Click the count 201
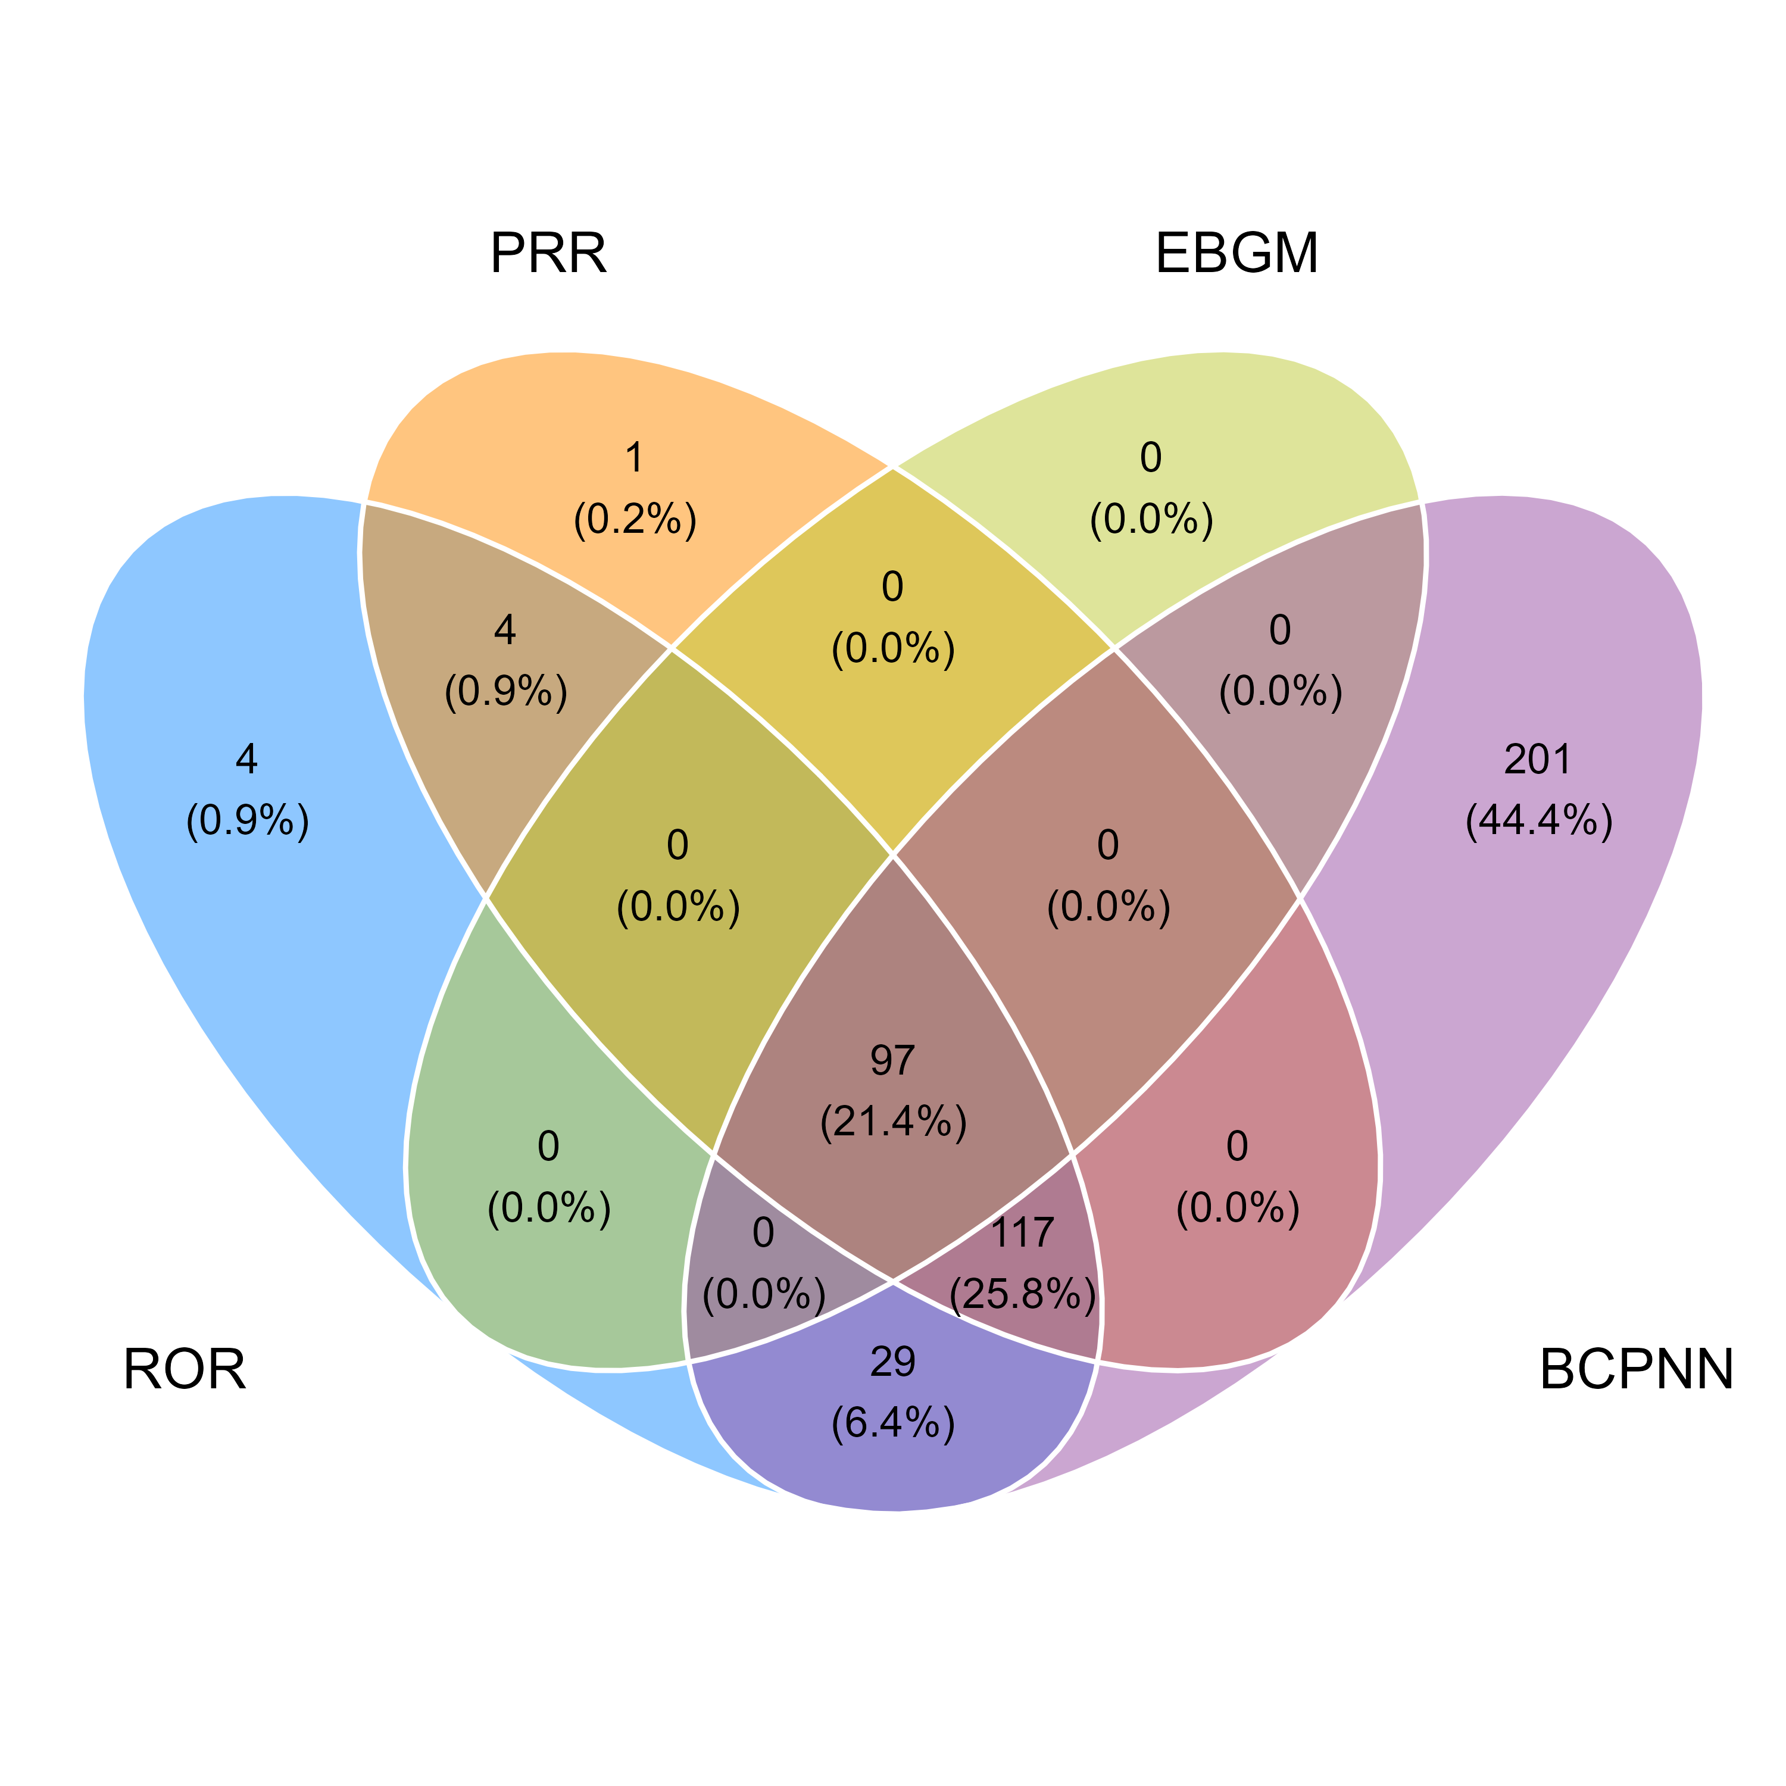tap(1537, 759)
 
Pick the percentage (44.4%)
tap(1539, 820)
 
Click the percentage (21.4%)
tap(893, 1122)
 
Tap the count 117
tap(1022, 1232)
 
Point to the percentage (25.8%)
tap(1022, 1294)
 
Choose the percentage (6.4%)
tap(893, 1423)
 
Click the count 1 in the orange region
tap(634, 458)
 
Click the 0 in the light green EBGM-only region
tap(1150, 458)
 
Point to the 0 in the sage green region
tap(548, 1147)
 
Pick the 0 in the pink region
tap(1237, 1147)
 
